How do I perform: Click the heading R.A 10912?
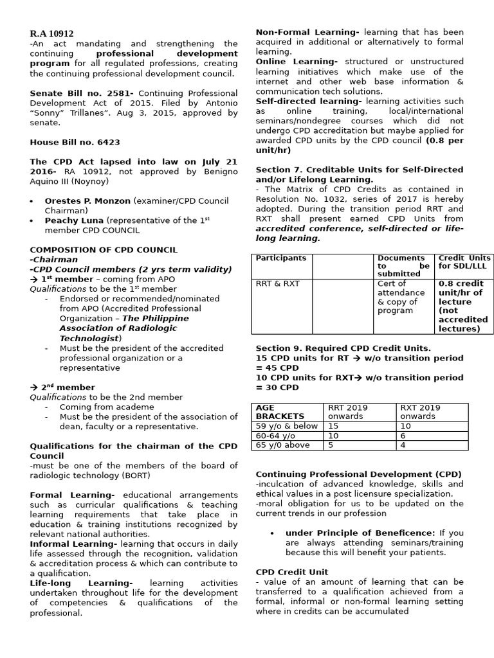[51, 33]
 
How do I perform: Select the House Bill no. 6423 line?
[75, 142]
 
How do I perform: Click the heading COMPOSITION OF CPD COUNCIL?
[104, 250]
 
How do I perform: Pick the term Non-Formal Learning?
[307, 32]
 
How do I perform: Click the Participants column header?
[281, 258]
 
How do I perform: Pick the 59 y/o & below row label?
[286, 425]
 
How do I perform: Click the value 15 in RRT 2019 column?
[333, 425]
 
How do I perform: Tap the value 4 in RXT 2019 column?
[403, 445]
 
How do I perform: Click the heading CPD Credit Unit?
[291, 572]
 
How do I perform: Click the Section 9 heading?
[343, 348]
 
